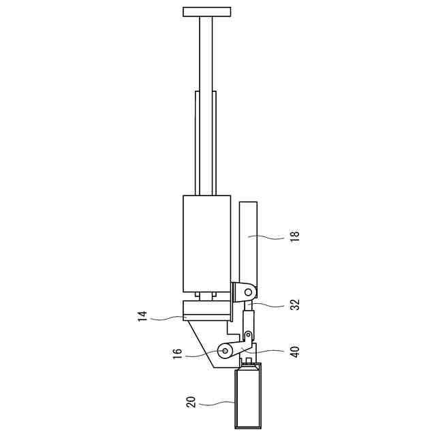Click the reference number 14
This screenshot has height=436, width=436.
142,317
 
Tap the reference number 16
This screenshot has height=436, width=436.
177,354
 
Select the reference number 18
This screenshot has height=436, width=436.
295,236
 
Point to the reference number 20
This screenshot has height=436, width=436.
191,402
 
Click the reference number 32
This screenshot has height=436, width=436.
295,305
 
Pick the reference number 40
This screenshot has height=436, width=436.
295,352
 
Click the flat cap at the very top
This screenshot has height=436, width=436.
207,12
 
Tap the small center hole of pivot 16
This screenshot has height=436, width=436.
225,352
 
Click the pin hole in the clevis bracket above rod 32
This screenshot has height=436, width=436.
248,292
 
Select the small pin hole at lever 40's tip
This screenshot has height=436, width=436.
247,334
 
